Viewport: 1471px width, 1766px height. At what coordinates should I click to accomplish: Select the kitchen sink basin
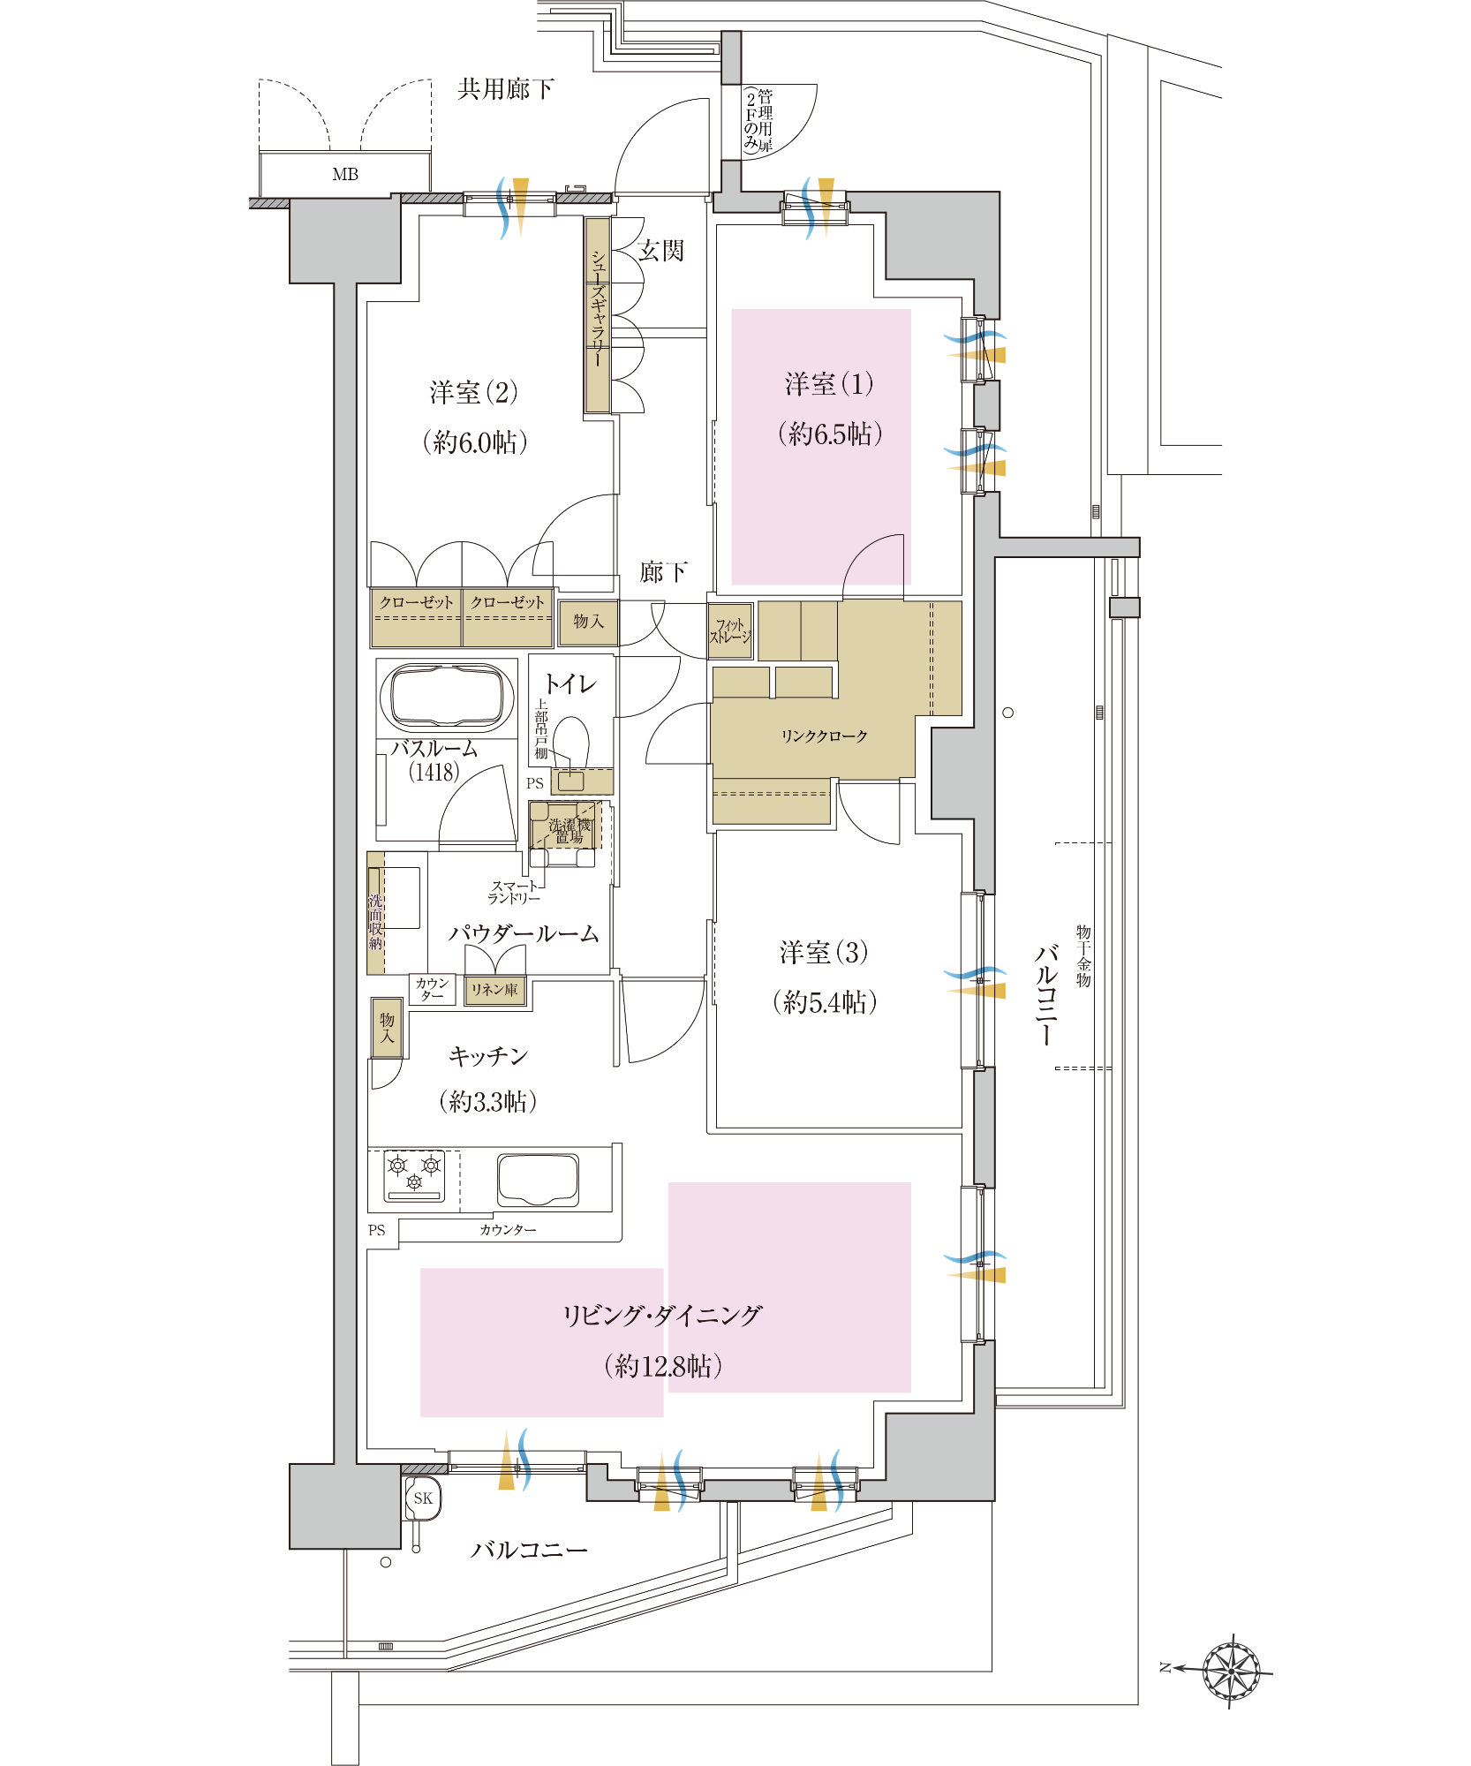coord(538,1179)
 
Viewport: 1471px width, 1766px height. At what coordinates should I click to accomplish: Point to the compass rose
coord(1231,1669)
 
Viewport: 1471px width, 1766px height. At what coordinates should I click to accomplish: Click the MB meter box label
coord(345,175)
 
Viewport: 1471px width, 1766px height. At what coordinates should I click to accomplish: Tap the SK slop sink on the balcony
coord(422,1498)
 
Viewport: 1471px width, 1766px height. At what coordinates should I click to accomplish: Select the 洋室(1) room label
coord(829,384)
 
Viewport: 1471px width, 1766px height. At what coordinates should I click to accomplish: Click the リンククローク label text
coord(824,736)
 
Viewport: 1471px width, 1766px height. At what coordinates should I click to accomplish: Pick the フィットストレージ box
coord(730,630)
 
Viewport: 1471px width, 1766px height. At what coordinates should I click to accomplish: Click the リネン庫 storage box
coord(494,990)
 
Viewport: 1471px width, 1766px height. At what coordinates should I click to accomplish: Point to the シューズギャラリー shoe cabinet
coord(598,315)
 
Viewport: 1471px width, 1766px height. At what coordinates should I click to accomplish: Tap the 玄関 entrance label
coord(661,251)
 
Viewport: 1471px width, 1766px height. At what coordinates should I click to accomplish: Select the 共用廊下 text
coord(506,88)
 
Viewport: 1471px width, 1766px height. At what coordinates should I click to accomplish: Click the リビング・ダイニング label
coord(661,1316)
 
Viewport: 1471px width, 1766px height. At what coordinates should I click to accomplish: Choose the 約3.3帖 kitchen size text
coord(487,1101)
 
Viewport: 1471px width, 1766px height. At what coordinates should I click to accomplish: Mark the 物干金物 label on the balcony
coord(1083,956)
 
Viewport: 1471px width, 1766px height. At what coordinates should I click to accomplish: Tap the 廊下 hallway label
coord(663,572)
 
